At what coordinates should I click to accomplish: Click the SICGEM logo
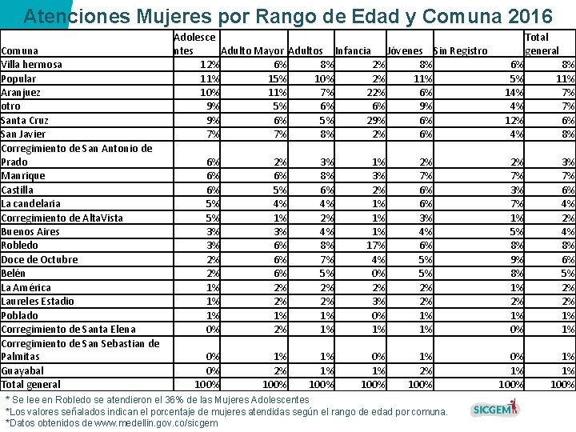(x=495, y=409)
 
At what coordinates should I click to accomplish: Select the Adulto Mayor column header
(x=252, y=50)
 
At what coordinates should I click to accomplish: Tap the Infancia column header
(x=353, y=50)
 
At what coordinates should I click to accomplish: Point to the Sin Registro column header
(x=461, y=50)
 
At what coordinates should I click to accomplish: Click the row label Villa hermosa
(x=31, y=65)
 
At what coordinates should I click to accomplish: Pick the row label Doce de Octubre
(x=40, y=260)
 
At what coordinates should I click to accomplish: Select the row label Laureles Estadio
(x=38, y=302)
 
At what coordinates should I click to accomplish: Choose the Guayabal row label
(x=22, y=371)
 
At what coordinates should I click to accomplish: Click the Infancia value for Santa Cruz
(x=376, y=121)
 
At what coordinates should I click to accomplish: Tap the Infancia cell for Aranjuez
(x=376, y=93)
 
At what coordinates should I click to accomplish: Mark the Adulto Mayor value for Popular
(x=278, y=78)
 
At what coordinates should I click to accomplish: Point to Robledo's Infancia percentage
(x=376, y=246)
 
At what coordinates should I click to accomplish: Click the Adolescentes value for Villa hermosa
(x=210, y=65)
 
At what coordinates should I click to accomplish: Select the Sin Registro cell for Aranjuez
(x=514, y=93)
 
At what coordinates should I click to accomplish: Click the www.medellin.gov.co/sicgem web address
(x=156, y=423)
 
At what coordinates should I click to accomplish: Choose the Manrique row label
(x=23, y=176)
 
